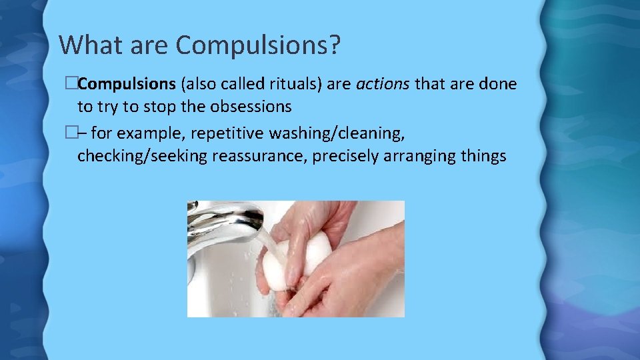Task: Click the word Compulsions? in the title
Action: [259, 45]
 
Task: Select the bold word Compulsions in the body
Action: [127, 84]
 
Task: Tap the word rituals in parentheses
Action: [289, 84]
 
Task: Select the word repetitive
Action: [227, 133]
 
